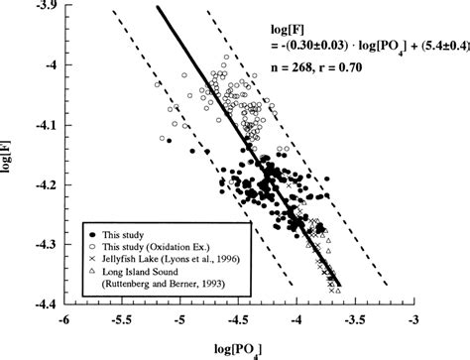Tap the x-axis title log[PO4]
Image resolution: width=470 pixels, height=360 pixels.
pyautogui.click(x=239, y=347)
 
